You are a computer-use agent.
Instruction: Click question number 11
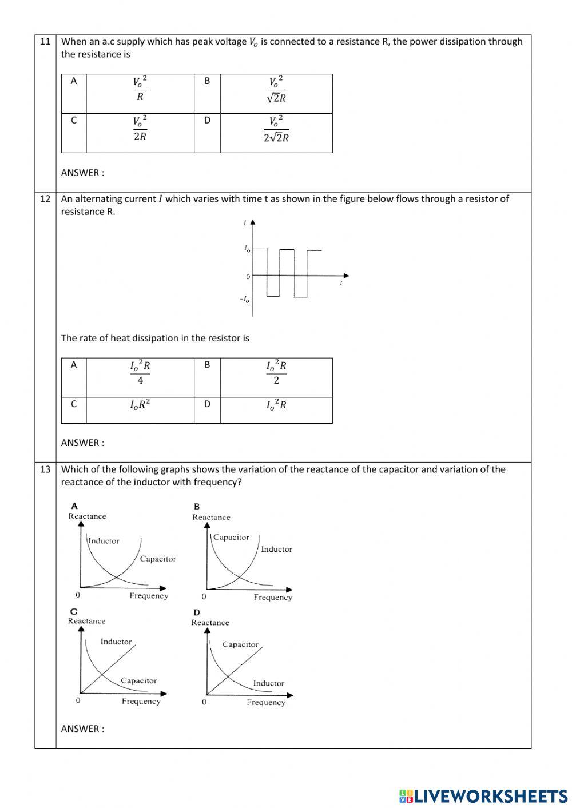pyautogui.click(x=45, y=41)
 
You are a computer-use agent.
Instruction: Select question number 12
pyautogui.click(x=45, y=199)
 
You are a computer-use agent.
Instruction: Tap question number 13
pyautogui.click(x=45, y=469)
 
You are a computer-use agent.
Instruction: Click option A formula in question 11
pyautogui.click(x=140, y=89)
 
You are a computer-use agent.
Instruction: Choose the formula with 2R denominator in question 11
pyautogui.click(x=140, y=129)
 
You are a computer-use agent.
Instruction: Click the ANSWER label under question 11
pyautogui.click(x=82, y=173)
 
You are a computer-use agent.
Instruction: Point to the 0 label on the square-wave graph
pyautogui.click(x=248, y=277)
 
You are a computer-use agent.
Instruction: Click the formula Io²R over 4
pyautogui.click(x=140, y=372)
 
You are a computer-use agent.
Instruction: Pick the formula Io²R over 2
pyautogui.click(x=276, y=372)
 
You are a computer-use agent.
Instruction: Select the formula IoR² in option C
pyautogui.click(x=140, y=405)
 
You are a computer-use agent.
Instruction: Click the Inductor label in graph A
pyautogui.click(x=104, y=541)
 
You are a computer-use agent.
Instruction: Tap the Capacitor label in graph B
pyautogui.click(x=231, y=538)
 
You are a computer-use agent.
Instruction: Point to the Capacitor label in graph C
pyautogui.click(x=138, y=680)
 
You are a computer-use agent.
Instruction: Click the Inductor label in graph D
pyautogui.click(x=268, y=683)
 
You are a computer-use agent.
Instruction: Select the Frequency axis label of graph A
pyautogui.click(x=149, y=596)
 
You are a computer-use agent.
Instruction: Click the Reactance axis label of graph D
pyautogui.click(x=210, y=623)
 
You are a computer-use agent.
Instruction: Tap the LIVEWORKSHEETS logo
pyautogui.click(x=483, y=796)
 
